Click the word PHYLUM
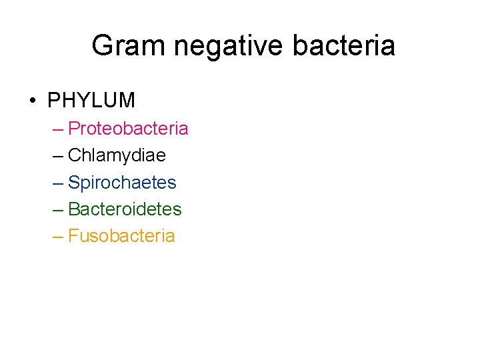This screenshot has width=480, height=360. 91,101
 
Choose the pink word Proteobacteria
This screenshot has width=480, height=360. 128,128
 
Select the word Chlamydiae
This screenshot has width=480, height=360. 117,155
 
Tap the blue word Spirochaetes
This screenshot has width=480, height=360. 122,182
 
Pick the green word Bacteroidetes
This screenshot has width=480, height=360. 125,209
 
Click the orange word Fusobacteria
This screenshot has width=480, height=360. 121,236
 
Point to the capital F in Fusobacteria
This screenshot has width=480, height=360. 73,236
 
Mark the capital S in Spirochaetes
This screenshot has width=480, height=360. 74,182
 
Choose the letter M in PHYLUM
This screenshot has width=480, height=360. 127,101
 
